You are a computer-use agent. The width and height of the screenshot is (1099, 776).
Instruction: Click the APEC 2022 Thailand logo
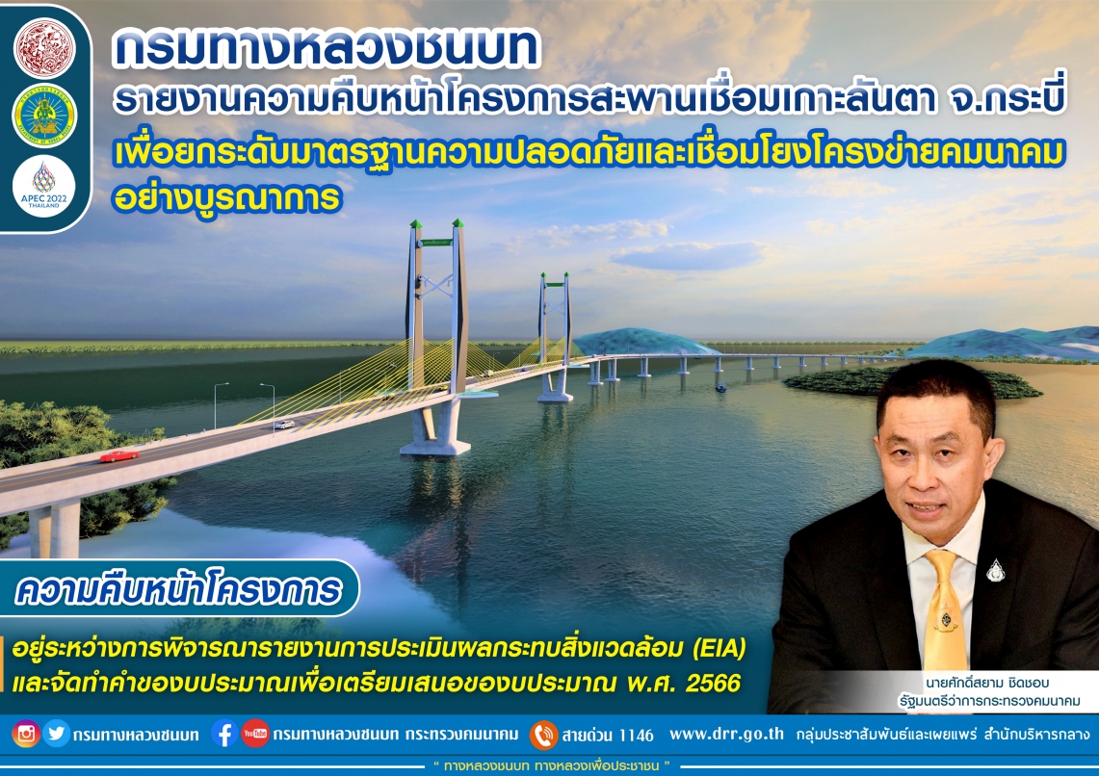point(44,186)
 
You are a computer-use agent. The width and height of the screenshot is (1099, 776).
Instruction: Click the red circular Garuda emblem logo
point(44,48)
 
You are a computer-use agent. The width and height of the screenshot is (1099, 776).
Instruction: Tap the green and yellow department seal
point(44,116)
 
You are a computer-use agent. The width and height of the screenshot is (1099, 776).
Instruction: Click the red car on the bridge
point(119,456)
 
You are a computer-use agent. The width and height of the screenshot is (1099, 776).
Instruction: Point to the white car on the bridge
point(284,425)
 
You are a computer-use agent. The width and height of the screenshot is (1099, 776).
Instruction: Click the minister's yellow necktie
point(944,610)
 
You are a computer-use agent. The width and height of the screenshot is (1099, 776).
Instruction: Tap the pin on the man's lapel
point(995,570)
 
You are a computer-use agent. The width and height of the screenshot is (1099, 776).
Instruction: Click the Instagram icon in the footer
point(26,734)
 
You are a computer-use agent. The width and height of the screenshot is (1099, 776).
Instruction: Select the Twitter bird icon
point(56,734)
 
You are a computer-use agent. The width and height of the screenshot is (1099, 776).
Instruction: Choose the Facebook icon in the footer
point(224,734)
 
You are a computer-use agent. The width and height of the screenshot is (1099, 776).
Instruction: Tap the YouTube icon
point(255,734)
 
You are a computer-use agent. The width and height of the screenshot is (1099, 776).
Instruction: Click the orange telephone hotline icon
point(544,735)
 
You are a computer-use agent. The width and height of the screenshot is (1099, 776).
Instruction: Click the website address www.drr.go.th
point(727,734)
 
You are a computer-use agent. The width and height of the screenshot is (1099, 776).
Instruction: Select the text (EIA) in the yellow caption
point(719,649)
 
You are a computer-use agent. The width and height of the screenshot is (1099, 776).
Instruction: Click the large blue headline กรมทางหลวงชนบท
point(326,47)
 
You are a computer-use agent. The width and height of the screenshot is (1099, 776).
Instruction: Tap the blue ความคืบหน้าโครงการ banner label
point(179,590)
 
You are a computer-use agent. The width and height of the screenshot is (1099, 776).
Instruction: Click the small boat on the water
point(720,387)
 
